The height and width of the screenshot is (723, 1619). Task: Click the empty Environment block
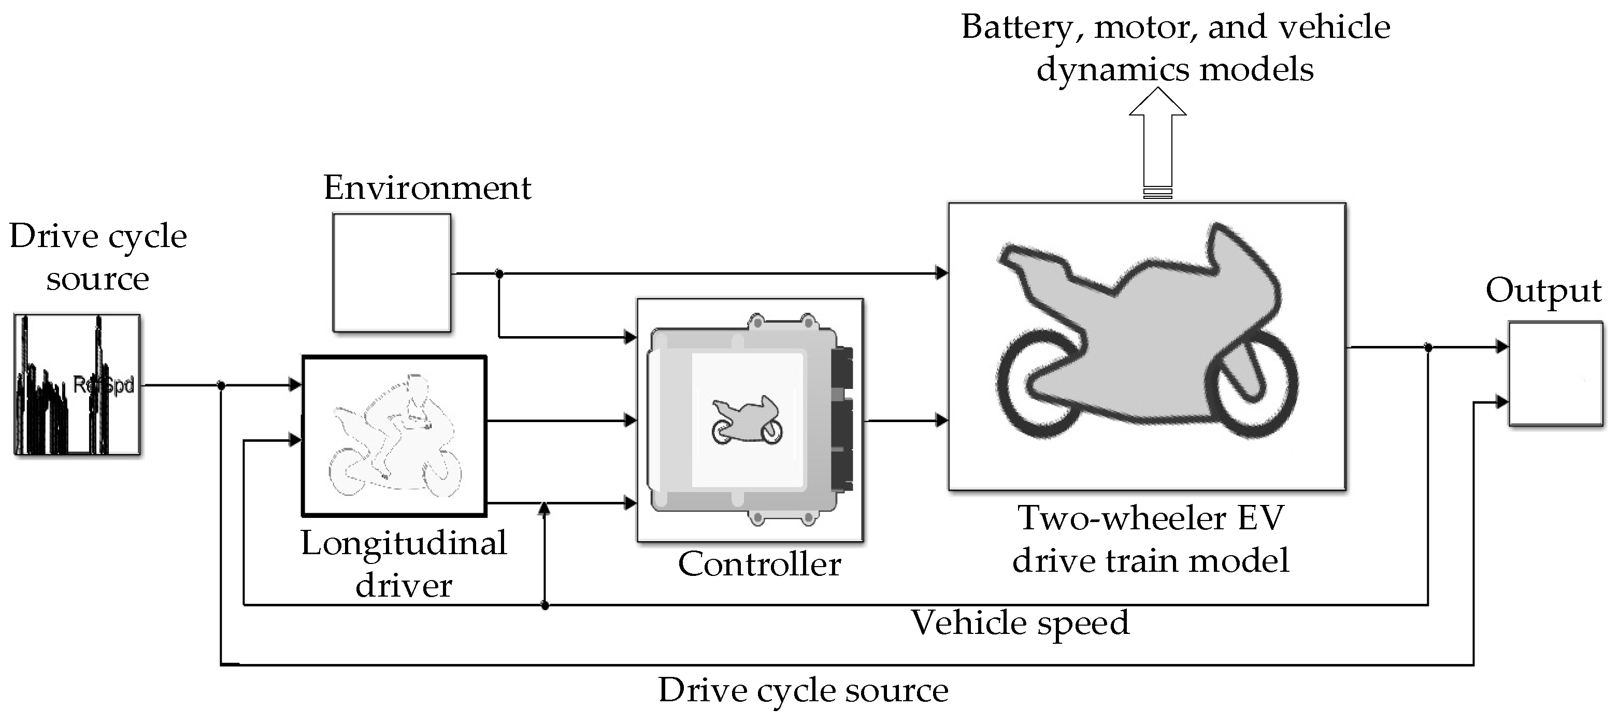click(392, 272)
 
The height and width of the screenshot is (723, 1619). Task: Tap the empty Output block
click(1555, 374)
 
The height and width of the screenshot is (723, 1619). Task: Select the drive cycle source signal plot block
click(77, 384)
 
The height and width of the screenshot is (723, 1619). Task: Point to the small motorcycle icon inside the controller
click(747, 420)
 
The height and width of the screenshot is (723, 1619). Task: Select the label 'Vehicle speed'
click(1020, 623)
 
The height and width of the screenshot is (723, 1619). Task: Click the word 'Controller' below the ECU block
click(759, 564)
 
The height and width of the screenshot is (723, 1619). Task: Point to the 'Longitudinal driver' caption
click(404, 563)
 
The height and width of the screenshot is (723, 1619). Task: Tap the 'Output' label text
click(1543, 290)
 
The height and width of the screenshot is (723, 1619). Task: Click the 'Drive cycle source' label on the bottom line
click(803, 690)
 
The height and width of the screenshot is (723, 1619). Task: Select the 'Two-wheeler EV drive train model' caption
click(1150, 539)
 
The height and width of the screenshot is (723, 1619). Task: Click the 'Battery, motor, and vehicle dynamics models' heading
click(1176, 48)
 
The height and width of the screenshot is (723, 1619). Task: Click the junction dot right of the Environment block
click(499, 274)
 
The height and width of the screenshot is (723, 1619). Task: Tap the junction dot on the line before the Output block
click(1428, 346)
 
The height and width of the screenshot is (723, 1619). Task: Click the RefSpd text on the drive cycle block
click(104, 384)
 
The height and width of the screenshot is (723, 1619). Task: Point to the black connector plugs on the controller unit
click(842, 419)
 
